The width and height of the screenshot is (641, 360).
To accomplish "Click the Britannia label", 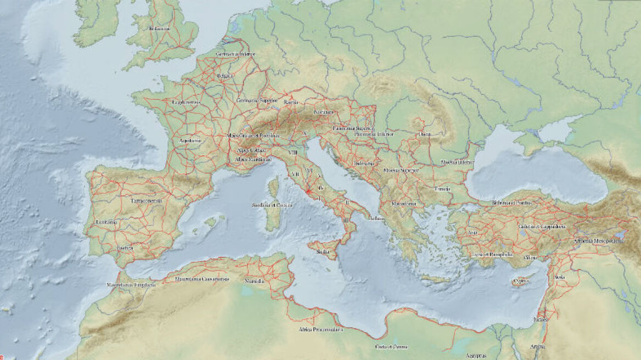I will tap(159, 29).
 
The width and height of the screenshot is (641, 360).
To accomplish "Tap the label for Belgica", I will tap(225, 76).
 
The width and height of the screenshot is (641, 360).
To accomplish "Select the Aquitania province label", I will tap(190, 140).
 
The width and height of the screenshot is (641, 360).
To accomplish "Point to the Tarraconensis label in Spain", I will tap(146, 201).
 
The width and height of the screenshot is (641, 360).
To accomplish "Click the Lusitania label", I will tap(106, 222).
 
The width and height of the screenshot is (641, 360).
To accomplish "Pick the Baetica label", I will tap(125, 248).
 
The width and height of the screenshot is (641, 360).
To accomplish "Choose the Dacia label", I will tap(425, 134).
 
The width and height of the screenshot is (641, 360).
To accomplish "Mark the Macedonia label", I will tap(403, 204).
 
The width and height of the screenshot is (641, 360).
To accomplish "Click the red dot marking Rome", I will tap(308, 191).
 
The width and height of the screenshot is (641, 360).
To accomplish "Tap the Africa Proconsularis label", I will tap(320, 330).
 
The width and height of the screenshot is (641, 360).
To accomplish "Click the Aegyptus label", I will tap(475, 356).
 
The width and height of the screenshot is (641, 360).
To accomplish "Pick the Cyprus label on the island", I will tap(520, 281).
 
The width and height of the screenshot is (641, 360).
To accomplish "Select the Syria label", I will tap(559, 278).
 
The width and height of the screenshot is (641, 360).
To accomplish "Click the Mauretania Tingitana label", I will tap(131, 285).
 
